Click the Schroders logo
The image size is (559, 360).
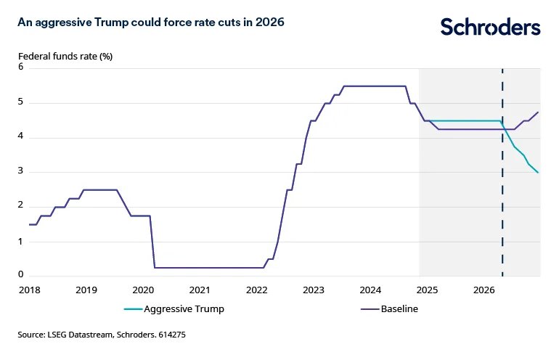[491, 28]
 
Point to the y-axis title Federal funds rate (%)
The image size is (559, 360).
[65, 55]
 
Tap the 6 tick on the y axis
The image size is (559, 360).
[21, 67]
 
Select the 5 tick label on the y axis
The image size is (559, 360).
[21, 102]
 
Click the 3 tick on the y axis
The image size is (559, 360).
[21, 172]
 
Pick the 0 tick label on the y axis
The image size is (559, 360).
[21, 274]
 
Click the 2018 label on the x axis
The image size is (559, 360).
[29, 290]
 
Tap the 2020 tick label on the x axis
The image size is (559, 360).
[143, 290]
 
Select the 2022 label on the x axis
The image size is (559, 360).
[256, 290]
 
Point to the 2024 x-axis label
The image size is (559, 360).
[370, 290]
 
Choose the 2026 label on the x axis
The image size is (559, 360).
[484, 290]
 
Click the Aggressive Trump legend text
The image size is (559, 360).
[184, 309]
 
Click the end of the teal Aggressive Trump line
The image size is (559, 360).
[538, 172]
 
